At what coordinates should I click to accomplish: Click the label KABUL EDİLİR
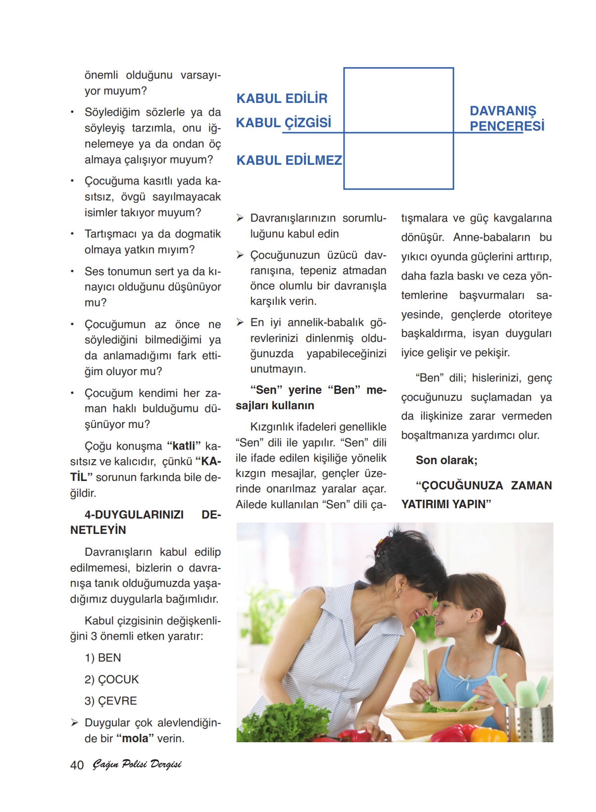(x=282, y=98)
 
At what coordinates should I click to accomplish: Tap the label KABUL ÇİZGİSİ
(x=283, y=123)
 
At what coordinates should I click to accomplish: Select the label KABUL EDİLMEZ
(x=289, y=160)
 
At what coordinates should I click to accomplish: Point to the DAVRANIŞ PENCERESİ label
(x=506, y=119)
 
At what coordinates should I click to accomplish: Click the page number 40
(x=77, y=765)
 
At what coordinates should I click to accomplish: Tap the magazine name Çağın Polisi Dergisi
(x=137, y=764)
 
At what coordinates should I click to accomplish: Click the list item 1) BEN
(x=103, y=658)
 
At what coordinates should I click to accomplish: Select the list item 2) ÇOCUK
(x=112, y=679)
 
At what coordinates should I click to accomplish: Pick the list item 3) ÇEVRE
(x=111, y=701)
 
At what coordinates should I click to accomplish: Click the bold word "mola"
(x=135, y=738)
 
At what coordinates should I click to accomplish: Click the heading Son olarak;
(x=447, y=460)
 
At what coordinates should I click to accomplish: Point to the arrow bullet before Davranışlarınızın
(x=240, y=218)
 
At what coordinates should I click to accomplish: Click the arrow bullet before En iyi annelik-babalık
(x=240, y=323)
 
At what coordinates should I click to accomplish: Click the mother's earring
(x=397, y=591)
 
